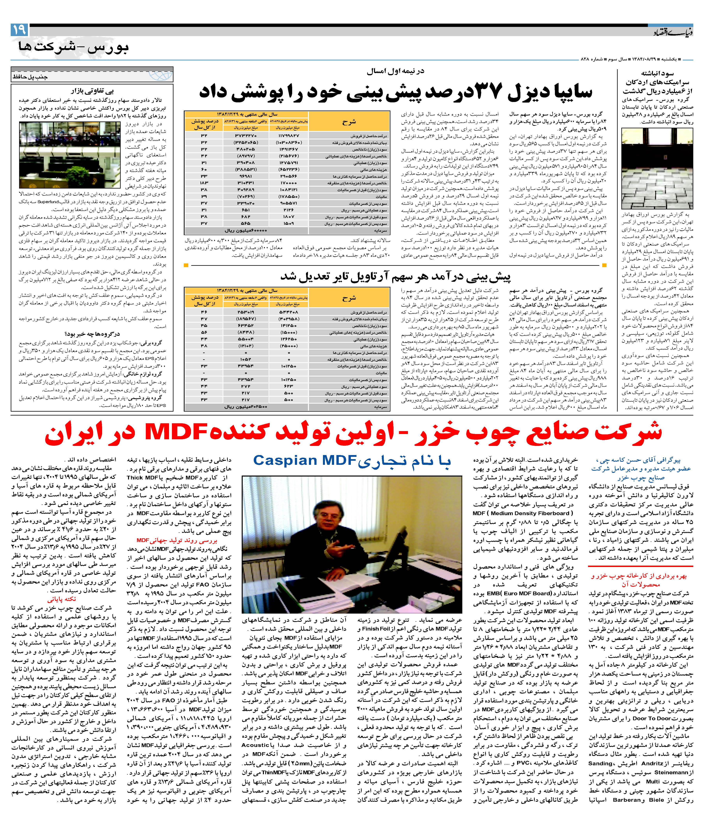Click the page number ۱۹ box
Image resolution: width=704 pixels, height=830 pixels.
[19, 30]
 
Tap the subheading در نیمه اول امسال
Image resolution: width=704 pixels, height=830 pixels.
[396, 72]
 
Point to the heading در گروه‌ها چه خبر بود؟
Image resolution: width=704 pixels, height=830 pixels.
[92, 334]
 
